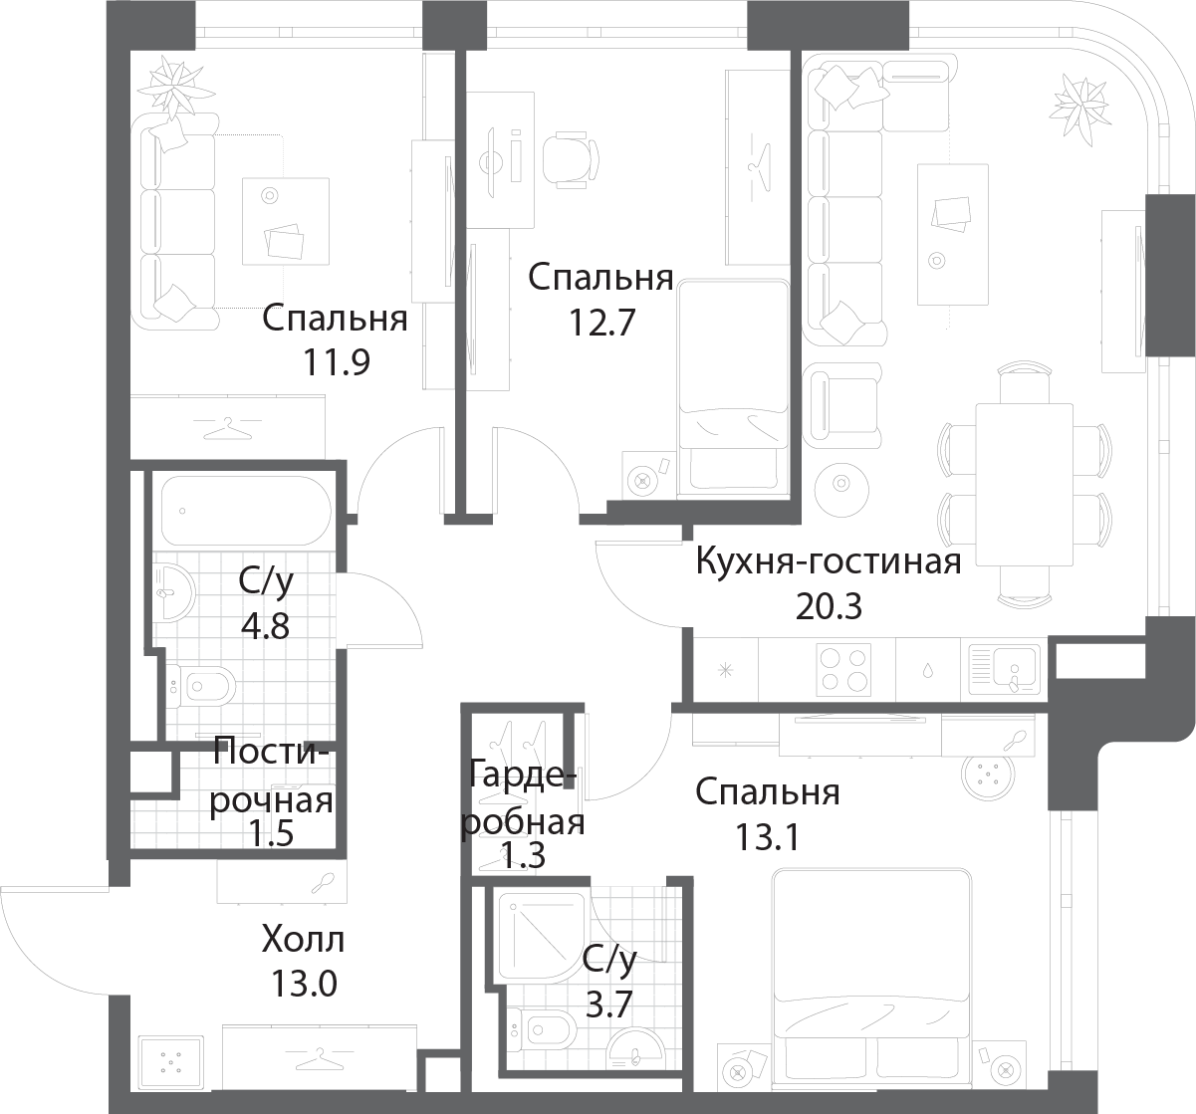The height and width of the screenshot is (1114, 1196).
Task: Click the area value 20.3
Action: tap(829, 606)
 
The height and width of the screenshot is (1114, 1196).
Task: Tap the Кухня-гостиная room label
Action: tap(829, 561)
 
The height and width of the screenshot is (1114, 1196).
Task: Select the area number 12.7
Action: tap(601, 323)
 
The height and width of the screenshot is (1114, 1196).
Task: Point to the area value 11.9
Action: tap(336, 362)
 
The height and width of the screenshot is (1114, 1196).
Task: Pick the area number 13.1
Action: tap(767, 837)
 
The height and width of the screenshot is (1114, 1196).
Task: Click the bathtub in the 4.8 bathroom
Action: tap(246, 511)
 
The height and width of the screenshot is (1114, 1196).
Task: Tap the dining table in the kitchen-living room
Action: tap(1025, 484)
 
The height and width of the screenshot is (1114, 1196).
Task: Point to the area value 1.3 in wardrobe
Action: tap(523, 854)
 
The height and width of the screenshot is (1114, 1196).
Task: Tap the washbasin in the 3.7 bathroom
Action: tap(635, 1051)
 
